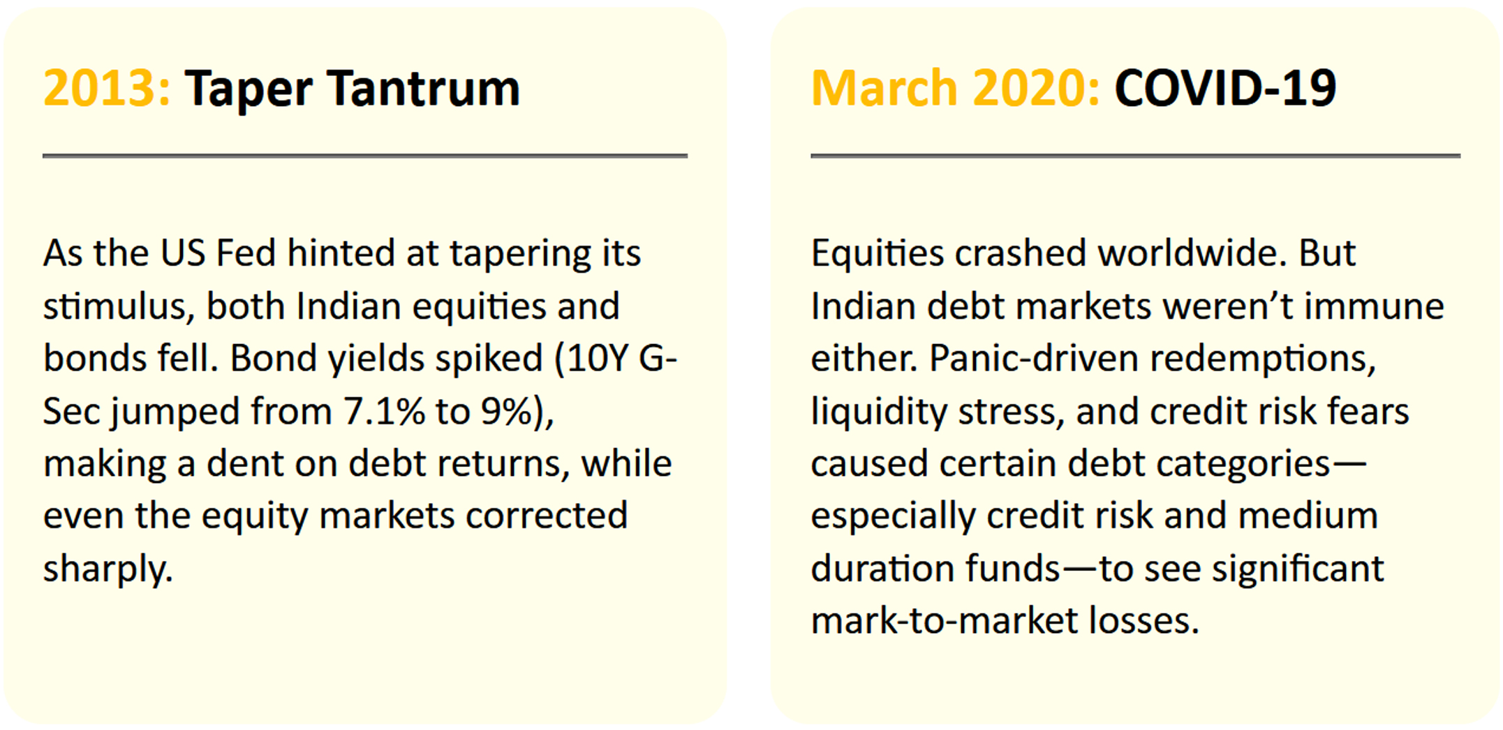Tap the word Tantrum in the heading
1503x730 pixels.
click(424, 89)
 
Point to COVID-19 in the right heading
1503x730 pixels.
click(1225, 89)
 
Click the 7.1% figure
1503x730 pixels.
click(383, 411)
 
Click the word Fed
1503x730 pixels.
click(246, 253)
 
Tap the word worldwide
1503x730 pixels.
click(1192, 253)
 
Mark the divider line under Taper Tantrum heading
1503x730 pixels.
click(365, 156)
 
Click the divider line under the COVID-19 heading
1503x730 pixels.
click(1136, 156)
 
